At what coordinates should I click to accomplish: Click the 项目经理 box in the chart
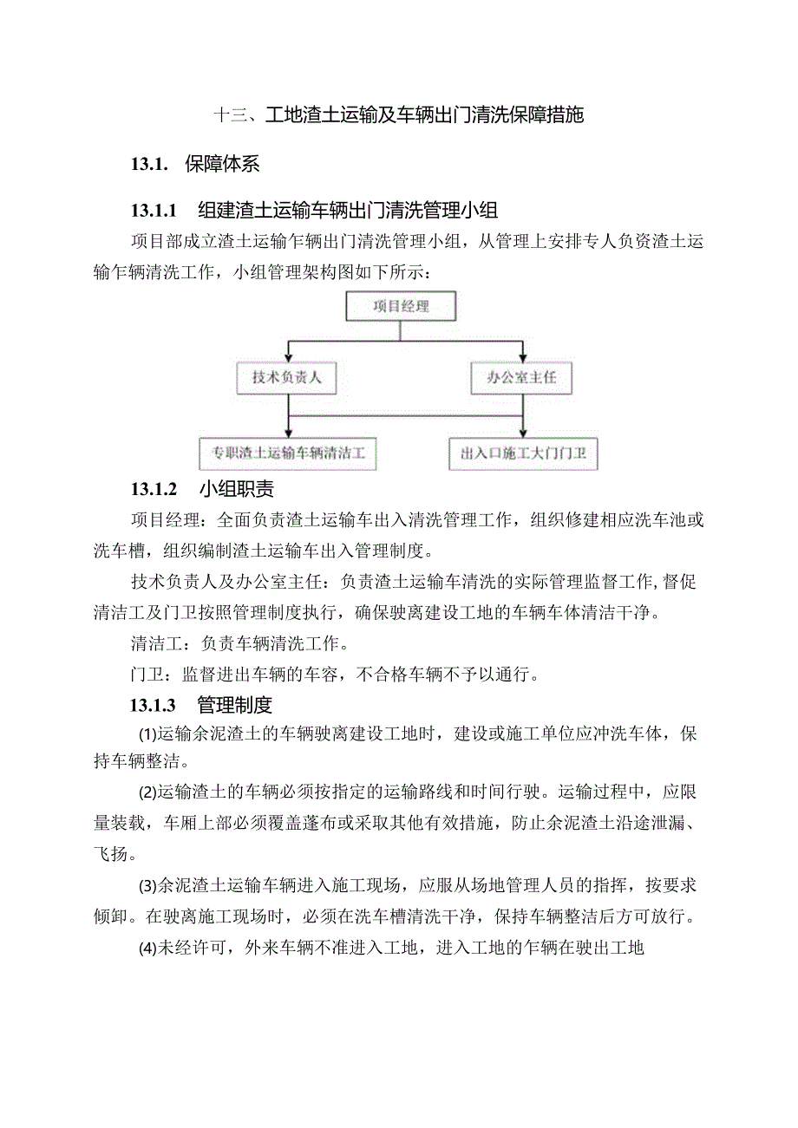pos(401,306)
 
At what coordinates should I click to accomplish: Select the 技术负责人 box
pos(286,378)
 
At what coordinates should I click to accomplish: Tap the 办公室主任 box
pos(521,378)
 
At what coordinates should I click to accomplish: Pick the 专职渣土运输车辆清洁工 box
pos(289,452)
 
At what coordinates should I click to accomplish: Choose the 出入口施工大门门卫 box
pos(523,453)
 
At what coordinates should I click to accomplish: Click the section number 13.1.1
pos(154,210)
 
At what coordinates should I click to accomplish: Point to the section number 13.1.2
pos(154,490)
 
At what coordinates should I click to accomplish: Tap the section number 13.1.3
pos(154,704)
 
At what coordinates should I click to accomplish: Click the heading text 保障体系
pos(222,163)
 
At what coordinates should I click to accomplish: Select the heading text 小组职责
pos(236,490)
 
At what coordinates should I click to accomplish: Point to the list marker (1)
pos(147,735)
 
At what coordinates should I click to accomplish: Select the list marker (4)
pos(147,948)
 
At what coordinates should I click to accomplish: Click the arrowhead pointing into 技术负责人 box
pos(287,357)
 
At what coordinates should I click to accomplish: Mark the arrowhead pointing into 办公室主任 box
pos(521,357)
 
